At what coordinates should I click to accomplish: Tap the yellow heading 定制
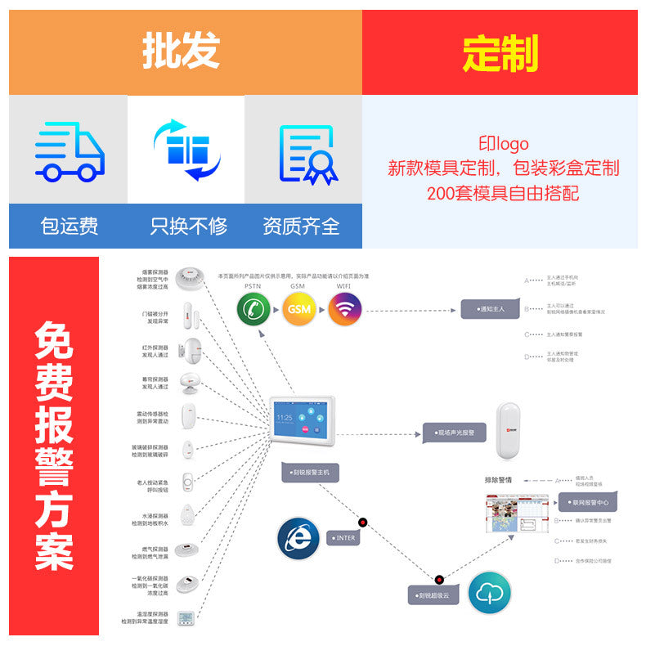coord(500,54)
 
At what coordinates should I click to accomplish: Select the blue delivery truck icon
coord(70,150)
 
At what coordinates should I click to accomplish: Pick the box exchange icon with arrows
coord(186,150)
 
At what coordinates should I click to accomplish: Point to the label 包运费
coord(70,226)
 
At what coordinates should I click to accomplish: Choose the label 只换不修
coord(188,226)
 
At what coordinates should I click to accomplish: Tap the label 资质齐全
coord(301,226)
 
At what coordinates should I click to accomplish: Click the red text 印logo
coord(503,145)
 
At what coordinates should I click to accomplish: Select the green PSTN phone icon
coord(253,310)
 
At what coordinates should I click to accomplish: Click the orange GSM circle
coord(299,310)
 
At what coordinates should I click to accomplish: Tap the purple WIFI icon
coord(345,310)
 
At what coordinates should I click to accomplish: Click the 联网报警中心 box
coord(586,502)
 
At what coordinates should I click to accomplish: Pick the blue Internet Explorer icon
coord(298,537)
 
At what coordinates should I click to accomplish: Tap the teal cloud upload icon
coord(489,592)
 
